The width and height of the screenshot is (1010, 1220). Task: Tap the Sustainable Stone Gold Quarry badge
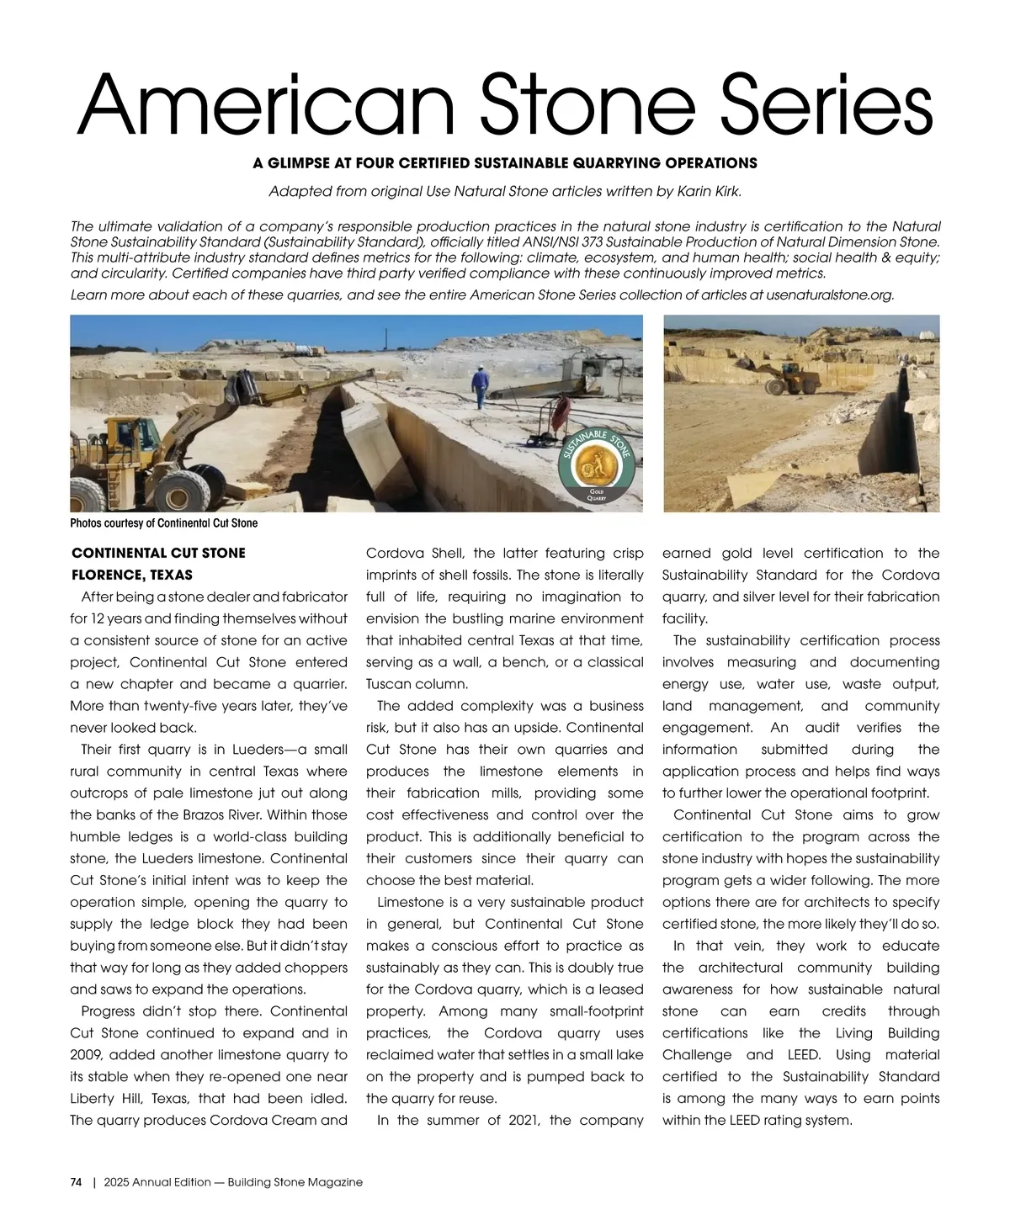[x=596, y=468]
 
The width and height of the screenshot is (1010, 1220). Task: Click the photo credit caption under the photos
[x=164, y=523]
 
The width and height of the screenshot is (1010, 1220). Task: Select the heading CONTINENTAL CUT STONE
[x=159, y=553]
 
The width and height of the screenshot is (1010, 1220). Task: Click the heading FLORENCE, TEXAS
[x=132, y=576]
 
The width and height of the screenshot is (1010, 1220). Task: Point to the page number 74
[x=76, y=1182]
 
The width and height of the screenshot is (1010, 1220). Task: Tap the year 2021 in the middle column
[x=524, y=1120]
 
